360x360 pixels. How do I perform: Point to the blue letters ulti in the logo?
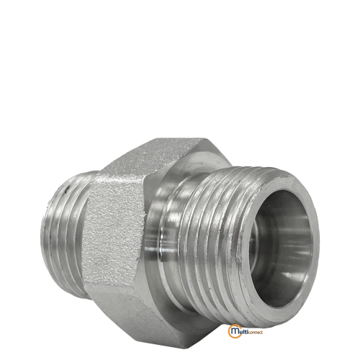243,330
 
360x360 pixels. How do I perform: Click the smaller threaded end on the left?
65,235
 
